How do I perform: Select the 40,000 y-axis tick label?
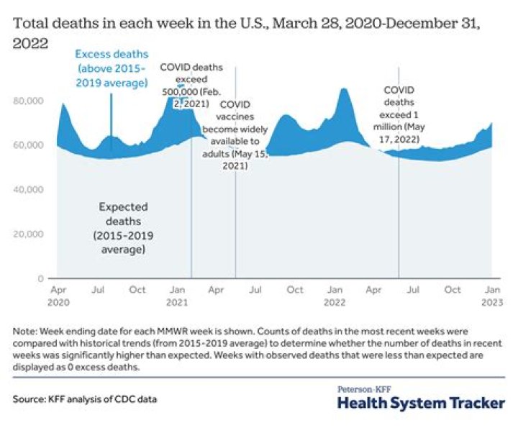(27, 189)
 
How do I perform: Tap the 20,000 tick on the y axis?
(27, 234)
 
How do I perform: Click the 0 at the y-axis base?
(40, 278)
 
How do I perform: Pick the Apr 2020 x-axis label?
(57, 296)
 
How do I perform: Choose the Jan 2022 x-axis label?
(335, 296)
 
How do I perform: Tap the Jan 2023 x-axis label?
(492, 296)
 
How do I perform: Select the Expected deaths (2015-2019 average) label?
(123, 228)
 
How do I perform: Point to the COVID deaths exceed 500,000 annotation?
(191, 83)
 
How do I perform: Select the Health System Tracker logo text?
(421, 403)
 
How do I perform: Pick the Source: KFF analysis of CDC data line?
(86, 398)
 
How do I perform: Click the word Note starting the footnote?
(24, 332)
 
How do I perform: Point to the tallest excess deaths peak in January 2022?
(344, 89)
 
